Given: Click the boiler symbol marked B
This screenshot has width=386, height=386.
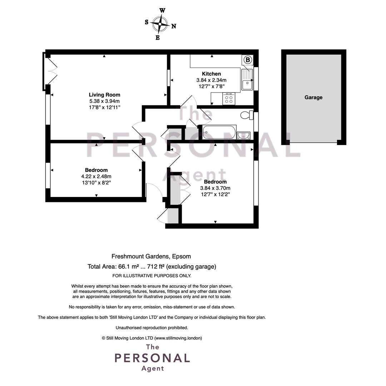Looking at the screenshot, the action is click(248, 60).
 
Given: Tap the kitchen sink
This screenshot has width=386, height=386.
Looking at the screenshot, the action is click(247, 80).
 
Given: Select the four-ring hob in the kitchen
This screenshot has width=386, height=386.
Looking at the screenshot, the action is click(229, 99).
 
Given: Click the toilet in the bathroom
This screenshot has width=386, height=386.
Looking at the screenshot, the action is click(247, 115).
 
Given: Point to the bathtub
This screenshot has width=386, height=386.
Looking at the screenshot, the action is click(219, 133).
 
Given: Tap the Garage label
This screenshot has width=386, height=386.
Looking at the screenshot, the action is click(313, 98).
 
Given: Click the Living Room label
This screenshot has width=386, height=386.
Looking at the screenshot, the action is click(104, 95).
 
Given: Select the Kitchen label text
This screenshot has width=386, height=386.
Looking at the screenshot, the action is click(211, 74).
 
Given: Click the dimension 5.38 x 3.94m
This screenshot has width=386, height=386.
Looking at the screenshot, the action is click(104, 101).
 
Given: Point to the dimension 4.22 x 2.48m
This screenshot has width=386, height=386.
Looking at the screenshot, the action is click(96, 177).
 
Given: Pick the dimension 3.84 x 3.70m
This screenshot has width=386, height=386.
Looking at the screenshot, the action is click(215, 188).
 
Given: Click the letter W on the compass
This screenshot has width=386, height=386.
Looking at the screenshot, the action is click(162, 11).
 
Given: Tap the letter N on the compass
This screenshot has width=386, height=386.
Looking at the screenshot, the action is click(174, 26).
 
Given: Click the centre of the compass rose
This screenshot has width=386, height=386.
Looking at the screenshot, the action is click(160, 24).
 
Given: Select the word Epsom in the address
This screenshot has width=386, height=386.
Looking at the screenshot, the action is click(182, 257).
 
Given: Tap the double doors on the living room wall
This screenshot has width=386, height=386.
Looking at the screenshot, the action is click(50, 71).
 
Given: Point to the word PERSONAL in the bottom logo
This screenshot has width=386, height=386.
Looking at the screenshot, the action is click(152, 358).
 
